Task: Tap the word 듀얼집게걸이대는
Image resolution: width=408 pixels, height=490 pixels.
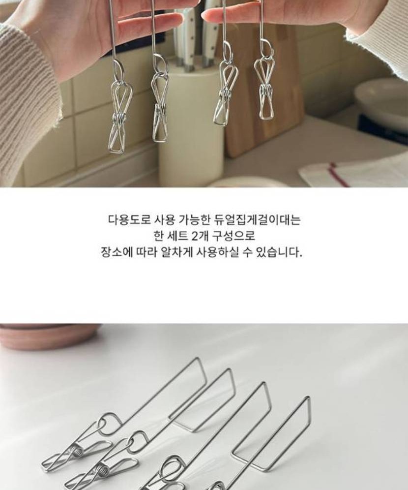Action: [x=258, y=220]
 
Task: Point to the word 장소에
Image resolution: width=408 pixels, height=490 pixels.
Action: [x=117, y=252]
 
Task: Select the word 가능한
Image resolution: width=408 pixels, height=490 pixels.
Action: [x=195, y=220]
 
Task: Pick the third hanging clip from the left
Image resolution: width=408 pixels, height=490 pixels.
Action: [x=225, y=94]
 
